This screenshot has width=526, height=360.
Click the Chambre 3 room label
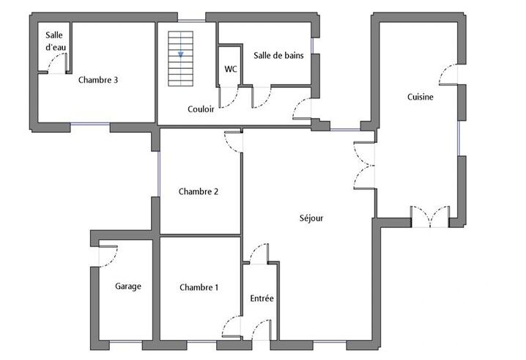[98, 80]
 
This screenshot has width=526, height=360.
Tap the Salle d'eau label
[55, 41]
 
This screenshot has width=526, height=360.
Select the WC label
[231, 69]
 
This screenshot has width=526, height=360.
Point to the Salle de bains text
[278, 56]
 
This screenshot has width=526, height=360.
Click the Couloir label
[201, 109]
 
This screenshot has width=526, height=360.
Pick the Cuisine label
[420, 97]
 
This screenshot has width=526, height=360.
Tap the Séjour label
[311, 218]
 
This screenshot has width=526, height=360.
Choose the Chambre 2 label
[199, 191]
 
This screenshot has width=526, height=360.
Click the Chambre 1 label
[199, 287]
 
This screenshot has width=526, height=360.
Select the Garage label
[127, 287]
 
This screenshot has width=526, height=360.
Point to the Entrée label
[262, 298]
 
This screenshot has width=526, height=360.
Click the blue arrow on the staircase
[180, 54]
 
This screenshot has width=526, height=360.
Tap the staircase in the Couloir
[180, 59]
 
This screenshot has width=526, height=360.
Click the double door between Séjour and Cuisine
[364, 165]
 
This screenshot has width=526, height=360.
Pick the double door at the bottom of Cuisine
[430, 216]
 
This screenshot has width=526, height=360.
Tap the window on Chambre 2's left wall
[159, 174]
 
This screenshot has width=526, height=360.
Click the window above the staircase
[191, 21]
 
